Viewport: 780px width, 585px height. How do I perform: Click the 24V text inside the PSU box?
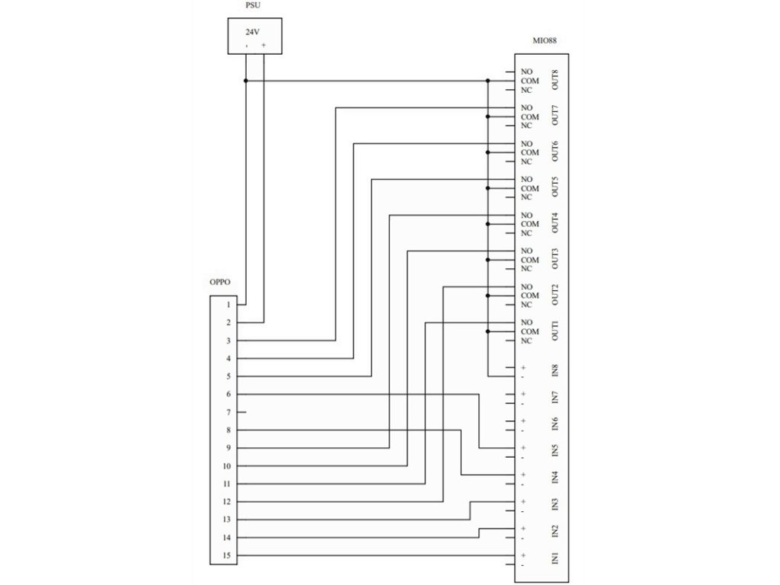[x=251, y=32]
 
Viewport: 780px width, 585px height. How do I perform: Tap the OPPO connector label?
[x=220, y=282]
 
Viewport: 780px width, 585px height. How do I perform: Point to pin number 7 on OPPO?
[x=228, y=412]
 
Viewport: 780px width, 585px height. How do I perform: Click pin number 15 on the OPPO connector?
[x=227, y=555]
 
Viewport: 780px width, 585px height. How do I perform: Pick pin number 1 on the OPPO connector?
[x=228, y=305]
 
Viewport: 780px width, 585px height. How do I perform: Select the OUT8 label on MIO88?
[x=555, y=80]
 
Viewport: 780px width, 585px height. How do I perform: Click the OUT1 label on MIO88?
[x=555, y=331]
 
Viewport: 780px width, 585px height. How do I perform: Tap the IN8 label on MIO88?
[x=555, y=372]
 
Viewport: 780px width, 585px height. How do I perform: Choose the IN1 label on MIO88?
[x=555, y=559]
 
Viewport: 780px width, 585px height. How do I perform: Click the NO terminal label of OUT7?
[x=526, y=108]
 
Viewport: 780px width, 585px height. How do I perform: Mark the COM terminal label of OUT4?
[x=530, y=224]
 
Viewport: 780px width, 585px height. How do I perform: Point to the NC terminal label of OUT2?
[x=526, y=305]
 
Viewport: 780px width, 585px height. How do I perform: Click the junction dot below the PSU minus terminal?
[x=245, y=81]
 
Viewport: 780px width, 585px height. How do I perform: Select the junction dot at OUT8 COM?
[x=487, y=81]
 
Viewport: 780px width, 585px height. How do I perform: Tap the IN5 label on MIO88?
[x=555, y=451]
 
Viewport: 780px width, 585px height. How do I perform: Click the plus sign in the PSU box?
[x=264, y=46]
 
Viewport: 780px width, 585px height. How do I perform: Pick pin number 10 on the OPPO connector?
[x=227, y=466]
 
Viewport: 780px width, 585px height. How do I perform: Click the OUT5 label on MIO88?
[x=555, y=187]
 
